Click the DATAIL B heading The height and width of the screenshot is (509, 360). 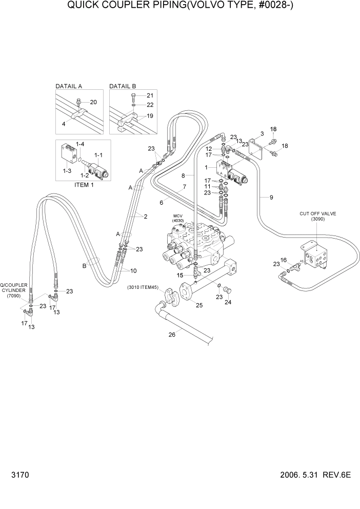click(x=123, y=86)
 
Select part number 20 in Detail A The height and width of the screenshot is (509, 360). click(x=93, y=102)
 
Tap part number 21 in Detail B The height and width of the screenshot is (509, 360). click(x=150, y=95)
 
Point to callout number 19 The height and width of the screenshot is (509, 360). click(x=150, y=116)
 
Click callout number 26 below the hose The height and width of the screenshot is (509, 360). click(x=172, y=335)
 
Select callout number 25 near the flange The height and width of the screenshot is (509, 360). click(x=199, y=305)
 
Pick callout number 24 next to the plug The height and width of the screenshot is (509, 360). click(x=228, y=302)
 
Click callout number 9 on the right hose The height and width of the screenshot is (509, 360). click(x=271, y=197)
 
